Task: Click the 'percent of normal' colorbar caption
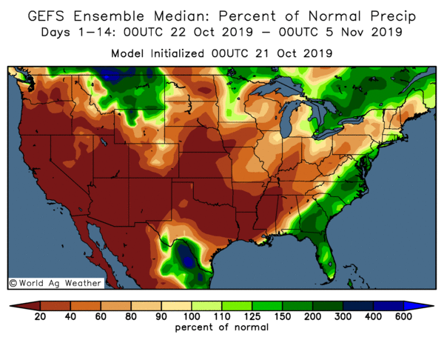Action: tap(222, 327)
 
